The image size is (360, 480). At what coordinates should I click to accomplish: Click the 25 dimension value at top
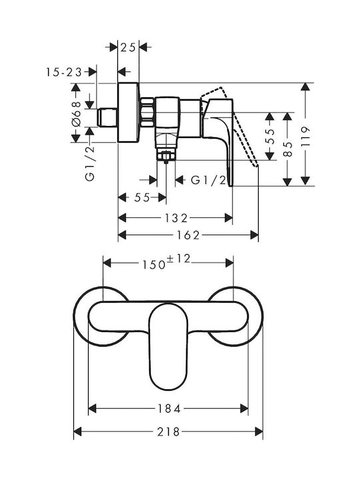(128, 47)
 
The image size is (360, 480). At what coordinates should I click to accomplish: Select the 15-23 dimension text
(64, 72)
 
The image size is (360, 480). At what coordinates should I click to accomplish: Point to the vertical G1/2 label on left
(90, 164)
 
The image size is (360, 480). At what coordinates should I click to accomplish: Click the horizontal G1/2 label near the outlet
(209, 180)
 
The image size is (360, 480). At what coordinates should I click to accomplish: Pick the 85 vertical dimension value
(287, 149)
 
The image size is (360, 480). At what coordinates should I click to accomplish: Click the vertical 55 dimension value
(270, 137)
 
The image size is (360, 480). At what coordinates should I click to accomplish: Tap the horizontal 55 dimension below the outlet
(142, 198)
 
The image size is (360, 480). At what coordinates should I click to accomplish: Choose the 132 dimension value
(176, 218)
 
